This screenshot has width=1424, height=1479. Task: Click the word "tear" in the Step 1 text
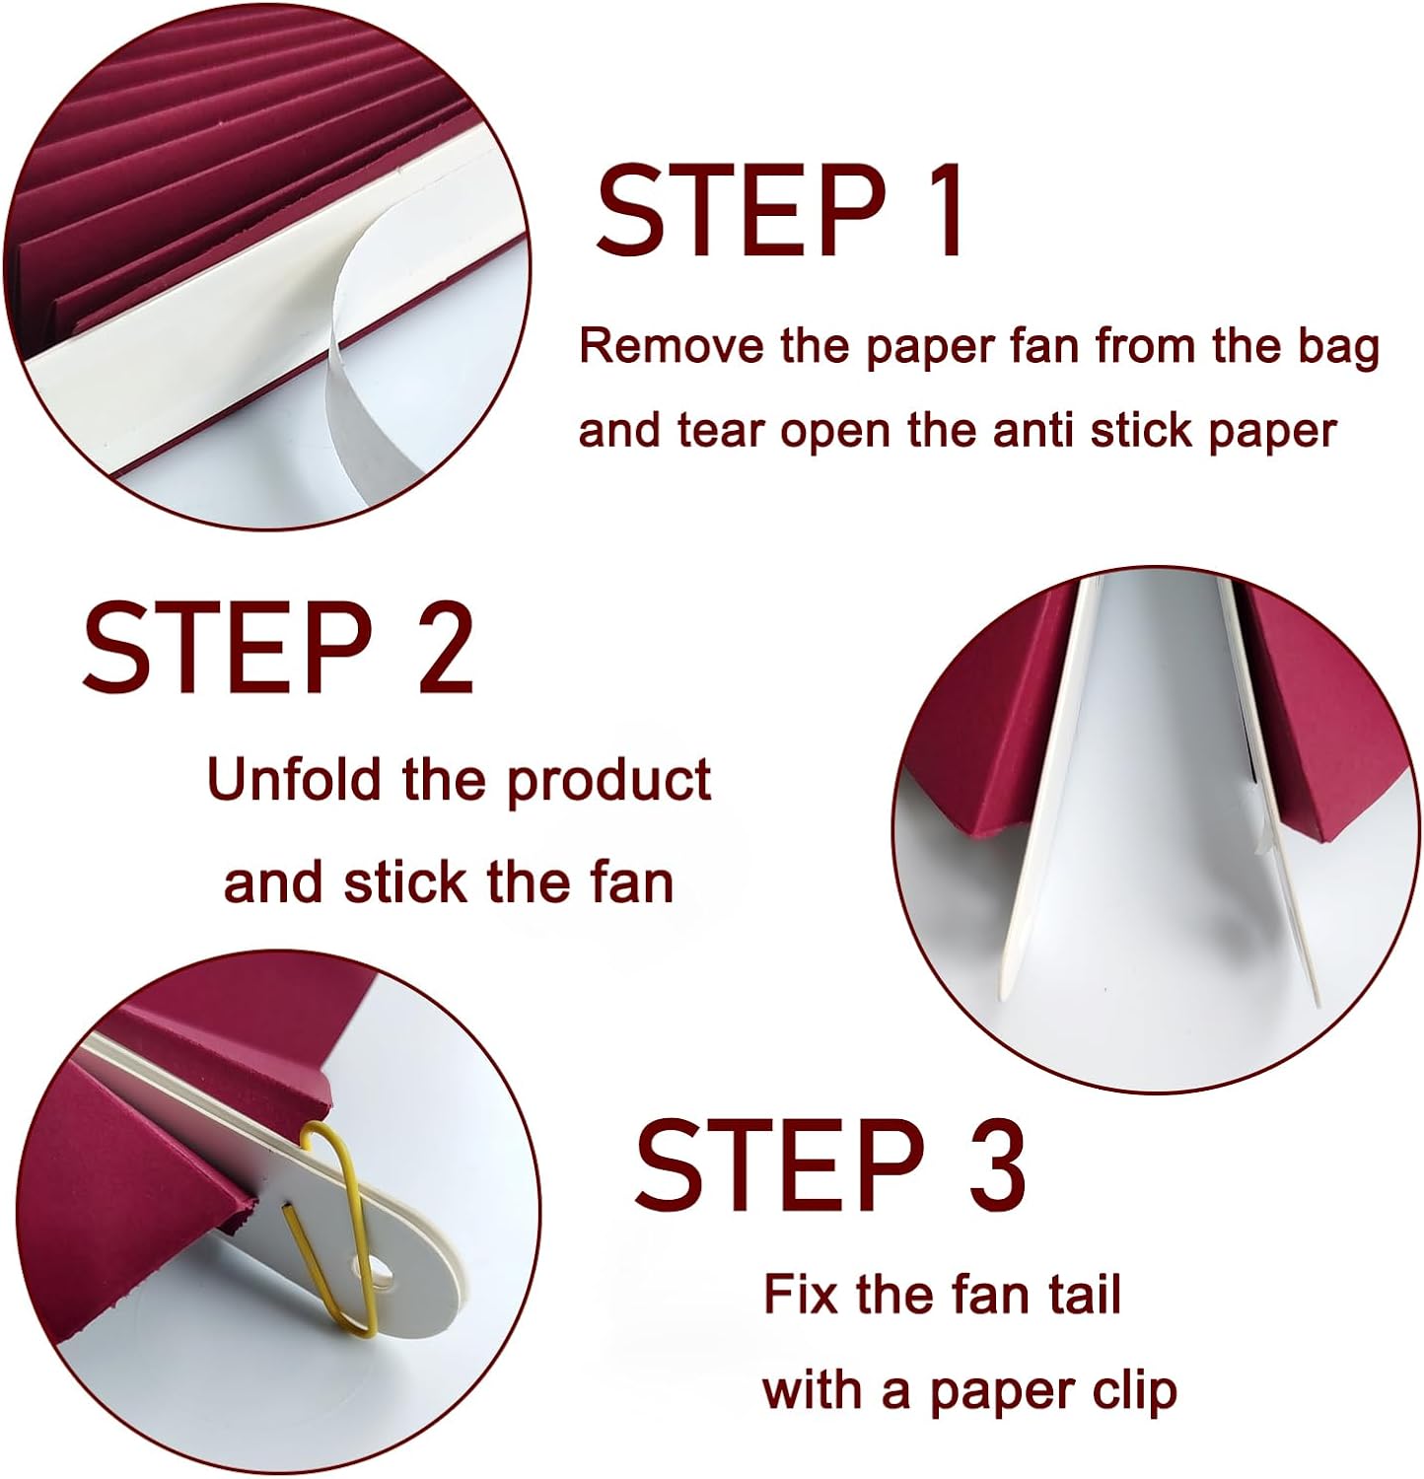click(722, 430)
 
